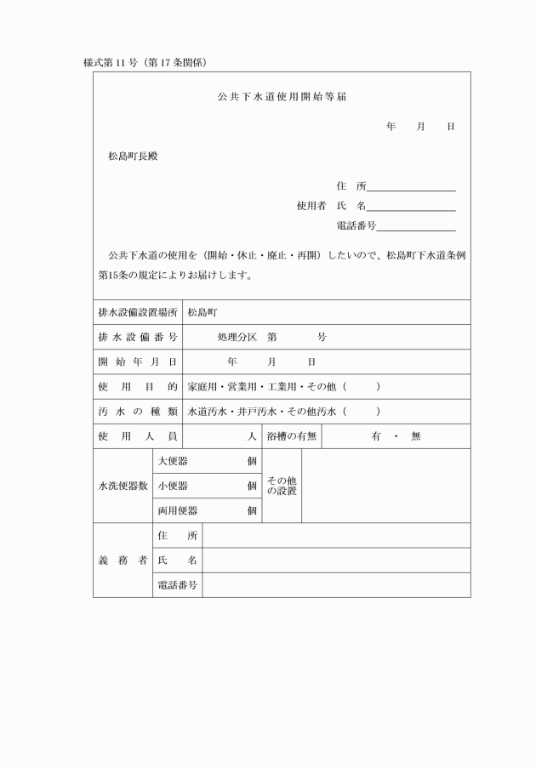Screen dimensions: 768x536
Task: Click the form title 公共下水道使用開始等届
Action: [282, 97]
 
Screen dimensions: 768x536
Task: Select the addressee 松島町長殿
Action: [133, 156]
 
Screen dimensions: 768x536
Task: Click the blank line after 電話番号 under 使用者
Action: [416, 226]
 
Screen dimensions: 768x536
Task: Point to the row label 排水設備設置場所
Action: [138, 313]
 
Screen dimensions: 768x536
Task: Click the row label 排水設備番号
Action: [138, 338]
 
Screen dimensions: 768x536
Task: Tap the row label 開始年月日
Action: [138, 362]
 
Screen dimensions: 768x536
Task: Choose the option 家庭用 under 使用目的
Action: [204, 387]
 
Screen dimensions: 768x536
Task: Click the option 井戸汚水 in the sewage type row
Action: [254, 412]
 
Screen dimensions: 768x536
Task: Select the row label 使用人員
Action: [138, 436]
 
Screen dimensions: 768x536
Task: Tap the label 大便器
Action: [174, 461]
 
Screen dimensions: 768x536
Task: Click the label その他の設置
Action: [282, 486]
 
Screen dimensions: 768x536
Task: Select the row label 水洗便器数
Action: [123, 486]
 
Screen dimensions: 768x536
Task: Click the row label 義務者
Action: [123, 560]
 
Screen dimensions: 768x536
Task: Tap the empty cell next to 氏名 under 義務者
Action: [336, 560]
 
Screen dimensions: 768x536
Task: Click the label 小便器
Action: [174, 486]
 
